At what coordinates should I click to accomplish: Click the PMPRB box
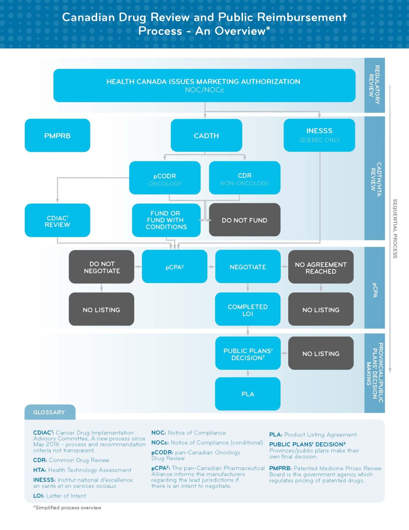click(x=57, y=136)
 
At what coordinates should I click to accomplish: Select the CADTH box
click(x=206, y=136)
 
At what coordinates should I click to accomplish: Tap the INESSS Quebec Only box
click(x=319, y=135)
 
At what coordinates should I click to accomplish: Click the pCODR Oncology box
click(x=165, y=178)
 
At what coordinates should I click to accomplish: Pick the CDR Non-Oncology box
click(x=244, y=178)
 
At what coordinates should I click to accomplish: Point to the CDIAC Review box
click(x=57, y=221)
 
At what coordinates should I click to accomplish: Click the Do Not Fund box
click(x=244, y=220)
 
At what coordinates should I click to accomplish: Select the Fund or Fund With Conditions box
click(x=166, y=220)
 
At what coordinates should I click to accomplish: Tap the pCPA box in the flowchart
click(x=174, y=267)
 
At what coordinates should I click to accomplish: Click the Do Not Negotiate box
click(x=102, y=267)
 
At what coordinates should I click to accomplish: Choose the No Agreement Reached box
click(x=320, y=267)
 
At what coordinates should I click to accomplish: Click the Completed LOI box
click(x=247, y=310)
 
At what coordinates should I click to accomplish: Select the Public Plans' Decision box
click(x=247, y=354)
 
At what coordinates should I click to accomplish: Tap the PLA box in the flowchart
click(x=247, y=394)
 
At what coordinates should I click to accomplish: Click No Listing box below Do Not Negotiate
click(x=102, y=310)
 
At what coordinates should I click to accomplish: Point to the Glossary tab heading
click(x=49, y=412)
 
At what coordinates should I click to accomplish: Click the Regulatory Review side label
click(x=374, y=85)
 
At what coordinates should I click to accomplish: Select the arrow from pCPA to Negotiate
click(x=211, y=267)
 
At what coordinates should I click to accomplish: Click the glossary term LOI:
click(x=39, y=496)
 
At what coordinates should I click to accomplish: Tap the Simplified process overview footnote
click(x=68, y=508)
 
